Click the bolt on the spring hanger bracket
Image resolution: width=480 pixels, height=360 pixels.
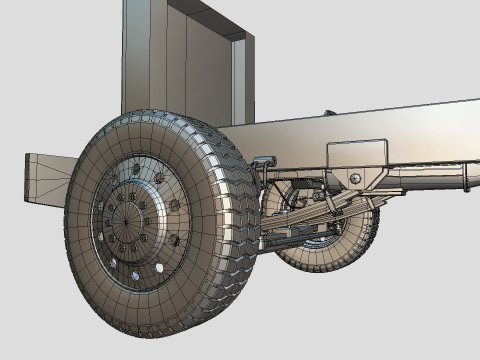click(355, 179)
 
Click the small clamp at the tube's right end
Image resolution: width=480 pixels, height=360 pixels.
click(466, 181)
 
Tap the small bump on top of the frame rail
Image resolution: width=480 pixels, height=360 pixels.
click(327, 112)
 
